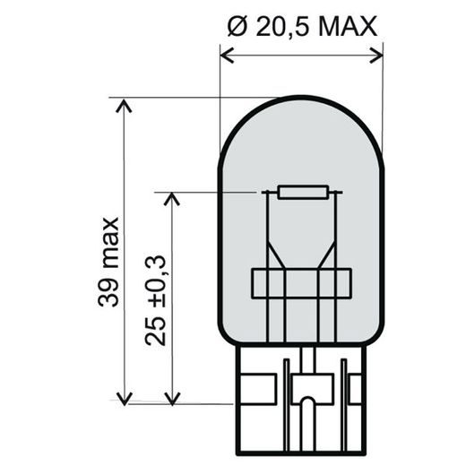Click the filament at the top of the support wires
[x=303, y=192]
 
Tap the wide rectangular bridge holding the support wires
[x=301, y=284]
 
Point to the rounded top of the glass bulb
[x=301, y=101]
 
